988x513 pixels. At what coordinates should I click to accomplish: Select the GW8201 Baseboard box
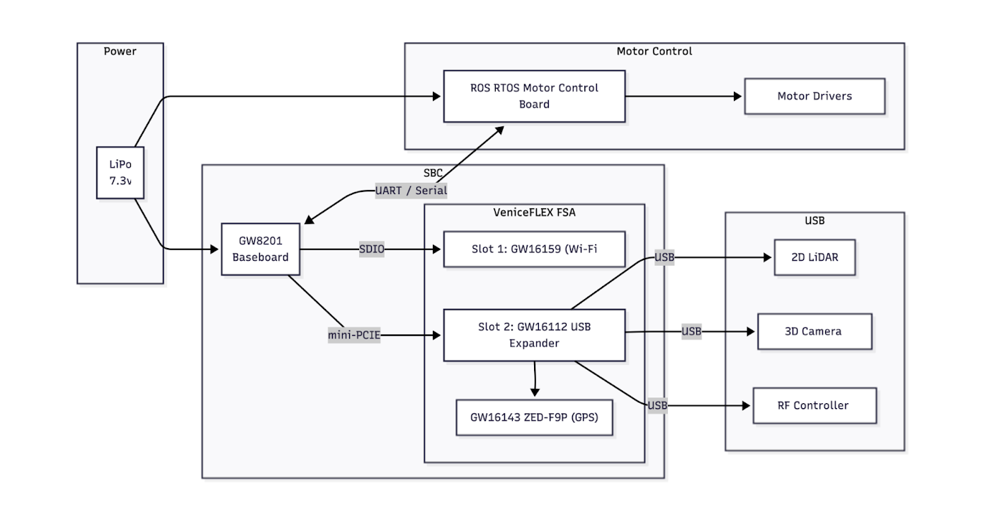point(260,249)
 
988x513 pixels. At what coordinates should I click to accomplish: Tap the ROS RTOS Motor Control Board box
point(534,96)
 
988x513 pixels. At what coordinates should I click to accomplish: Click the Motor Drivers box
point(814,96)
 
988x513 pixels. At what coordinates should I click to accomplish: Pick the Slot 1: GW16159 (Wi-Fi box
point(534,249)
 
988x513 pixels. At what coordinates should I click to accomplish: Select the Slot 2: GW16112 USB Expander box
point(534,335)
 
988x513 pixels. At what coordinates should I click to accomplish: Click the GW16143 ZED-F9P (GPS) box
point(534,417)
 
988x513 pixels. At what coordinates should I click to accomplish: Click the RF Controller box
point(814,406)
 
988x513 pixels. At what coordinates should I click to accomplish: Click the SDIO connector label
point(371,249)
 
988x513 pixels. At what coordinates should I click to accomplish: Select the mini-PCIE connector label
point(354,335)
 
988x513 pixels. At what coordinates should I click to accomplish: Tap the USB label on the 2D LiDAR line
point(664,258)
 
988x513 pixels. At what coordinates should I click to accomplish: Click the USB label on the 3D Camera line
point(691,332)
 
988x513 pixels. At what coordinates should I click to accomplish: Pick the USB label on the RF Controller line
point(657,406)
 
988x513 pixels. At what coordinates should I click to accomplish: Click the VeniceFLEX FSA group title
point(533,211)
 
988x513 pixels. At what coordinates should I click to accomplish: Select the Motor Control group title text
point(654,51)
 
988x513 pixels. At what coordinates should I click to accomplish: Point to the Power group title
point(120,51)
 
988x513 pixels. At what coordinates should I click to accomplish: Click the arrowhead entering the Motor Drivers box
point(739,96)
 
